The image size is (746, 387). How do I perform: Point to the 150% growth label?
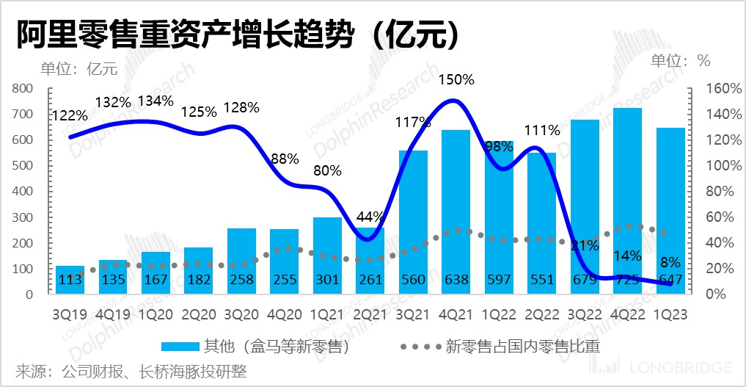coord(456,79)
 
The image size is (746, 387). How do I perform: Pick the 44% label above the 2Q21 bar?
coord(370,217)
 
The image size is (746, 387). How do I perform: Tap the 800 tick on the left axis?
coord(23,88)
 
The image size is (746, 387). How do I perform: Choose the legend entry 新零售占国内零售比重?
coord(500,345)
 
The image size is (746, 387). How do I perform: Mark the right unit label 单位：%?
coord(681,60)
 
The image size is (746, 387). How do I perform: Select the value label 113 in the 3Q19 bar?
coord(70,280)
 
